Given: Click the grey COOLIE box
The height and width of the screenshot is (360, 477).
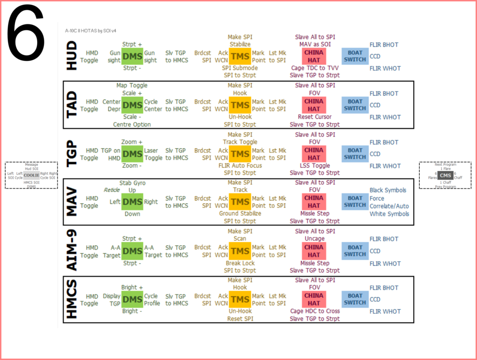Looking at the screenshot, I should (31, 175).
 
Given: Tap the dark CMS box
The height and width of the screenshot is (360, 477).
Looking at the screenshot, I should (445, 175).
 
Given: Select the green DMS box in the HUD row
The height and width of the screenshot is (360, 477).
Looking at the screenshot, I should (133, 56).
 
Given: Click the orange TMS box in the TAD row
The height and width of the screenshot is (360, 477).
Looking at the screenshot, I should (240, 105).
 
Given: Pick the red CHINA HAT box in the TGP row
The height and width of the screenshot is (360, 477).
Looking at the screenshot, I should (314, 154).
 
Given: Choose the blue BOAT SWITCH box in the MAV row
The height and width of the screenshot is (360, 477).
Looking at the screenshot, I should (355, 202).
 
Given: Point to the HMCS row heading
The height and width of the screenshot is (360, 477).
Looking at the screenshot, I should (72, 299).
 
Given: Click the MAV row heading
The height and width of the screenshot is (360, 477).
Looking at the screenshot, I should (72, 202).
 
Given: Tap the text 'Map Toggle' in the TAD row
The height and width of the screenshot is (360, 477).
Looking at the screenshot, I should (132, 85).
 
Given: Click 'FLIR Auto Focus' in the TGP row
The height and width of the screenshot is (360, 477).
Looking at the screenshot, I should (240, 166).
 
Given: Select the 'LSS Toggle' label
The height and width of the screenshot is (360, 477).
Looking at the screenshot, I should (314, 165).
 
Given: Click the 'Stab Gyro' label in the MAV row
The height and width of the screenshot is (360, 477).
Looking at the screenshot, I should (133, 183).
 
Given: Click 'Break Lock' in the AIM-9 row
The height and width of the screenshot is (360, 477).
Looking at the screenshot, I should (240, 263).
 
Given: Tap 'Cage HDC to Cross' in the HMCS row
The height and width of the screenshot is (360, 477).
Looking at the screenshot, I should (315, 311).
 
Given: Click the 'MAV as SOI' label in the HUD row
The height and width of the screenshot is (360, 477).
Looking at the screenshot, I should (314, 44).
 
